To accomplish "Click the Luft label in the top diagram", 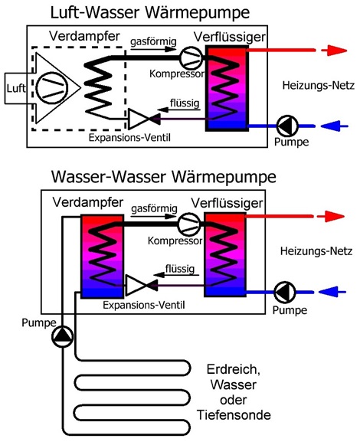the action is (16, 88).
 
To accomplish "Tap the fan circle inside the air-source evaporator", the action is (53, 87).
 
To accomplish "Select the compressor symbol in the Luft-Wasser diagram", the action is (191, 58).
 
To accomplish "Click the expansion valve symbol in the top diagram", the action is (144, 119).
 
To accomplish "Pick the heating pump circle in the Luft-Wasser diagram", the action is (287, 126).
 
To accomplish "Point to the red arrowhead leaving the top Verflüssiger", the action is (337, 51).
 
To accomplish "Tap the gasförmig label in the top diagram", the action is (153, 41).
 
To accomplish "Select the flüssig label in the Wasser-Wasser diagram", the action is (180, 269).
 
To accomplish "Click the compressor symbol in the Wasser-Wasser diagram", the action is (189, 224).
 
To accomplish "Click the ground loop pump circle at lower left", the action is (63, 336).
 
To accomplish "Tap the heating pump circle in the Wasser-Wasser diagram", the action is (285, 292).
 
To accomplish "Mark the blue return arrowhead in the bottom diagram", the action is (329, 292).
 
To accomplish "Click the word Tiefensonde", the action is (234, 415).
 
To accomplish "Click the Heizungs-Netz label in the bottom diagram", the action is (316, 251).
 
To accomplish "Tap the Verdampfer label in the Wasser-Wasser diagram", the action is (88, 203).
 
